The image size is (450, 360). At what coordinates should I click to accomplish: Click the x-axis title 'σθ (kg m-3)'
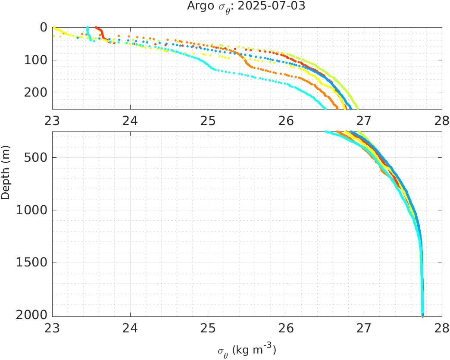pos(247,350)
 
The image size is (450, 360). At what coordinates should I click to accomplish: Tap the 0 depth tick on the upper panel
pos(44,27)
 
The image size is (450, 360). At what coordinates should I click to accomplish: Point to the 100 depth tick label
pos(35,60)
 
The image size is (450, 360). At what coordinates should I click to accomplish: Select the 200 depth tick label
pos(35,93)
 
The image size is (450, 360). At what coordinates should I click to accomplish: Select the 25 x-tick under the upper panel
pos(208,119)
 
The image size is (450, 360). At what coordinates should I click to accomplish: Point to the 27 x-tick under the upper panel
pos(364,119)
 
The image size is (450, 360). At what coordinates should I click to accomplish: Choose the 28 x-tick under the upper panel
pos(441,119)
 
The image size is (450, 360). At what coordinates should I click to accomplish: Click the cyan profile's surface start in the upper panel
pos(87,28)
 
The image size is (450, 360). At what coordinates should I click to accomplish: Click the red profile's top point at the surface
pos(96,27)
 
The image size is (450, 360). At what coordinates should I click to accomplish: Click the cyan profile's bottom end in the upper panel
pos(325,109)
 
